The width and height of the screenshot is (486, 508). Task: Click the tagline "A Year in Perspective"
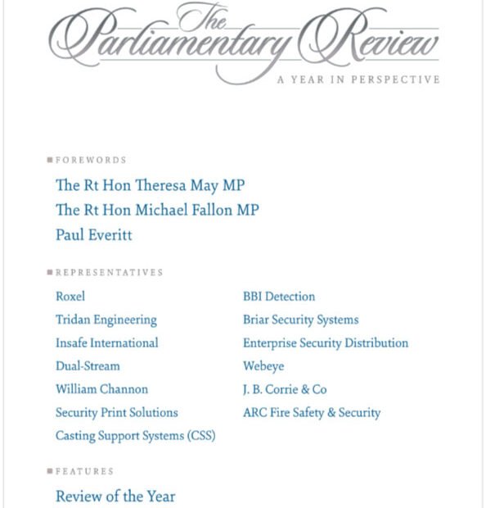pyautogui.click(x=358, y=79)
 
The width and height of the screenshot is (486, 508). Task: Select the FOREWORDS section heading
pyautogui.click(x=91, y=160)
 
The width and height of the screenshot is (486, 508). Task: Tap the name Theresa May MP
pyautogui.click(x=150, y=185)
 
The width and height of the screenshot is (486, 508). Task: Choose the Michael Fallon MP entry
pyautogui.click(x=157, y=210)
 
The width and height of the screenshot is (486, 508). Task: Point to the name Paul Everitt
pyautogui.click(x=93, y=235)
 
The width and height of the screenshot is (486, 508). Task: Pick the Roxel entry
pyautogui.click(x=70, y=297)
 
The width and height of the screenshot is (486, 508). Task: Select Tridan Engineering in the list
pyautogui.click(x=106, y=320)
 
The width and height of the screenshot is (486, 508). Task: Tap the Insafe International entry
pyautogui.click(x=106, y=342)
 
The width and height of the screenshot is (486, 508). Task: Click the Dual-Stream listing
pyautogui.click(x=88, y=366)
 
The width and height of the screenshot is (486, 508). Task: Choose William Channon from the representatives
pyautogui.click(x=101, y=389)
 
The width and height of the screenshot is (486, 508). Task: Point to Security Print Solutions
pyautogui.click(x=116, y=412)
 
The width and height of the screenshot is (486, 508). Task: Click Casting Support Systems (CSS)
pyautogui.click(x=135, y=436)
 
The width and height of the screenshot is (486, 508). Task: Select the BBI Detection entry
pyautogui.click(x=278, y=297)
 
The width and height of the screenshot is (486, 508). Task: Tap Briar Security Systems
pyautogui.click(x=300, y=320)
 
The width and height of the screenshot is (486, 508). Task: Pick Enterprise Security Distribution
pyautogui.click(x=325, y=342)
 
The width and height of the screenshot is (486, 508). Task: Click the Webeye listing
pyautogui.click(x=263, y=366)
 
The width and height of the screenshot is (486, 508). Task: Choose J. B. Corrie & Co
pyautogui.click(x=284, y=389)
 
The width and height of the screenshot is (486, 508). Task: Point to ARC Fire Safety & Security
pyautogui.click(x=311, y=412)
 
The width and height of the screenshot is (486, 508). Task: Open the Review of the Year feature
pyautogui.click(x=115, y=496)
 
